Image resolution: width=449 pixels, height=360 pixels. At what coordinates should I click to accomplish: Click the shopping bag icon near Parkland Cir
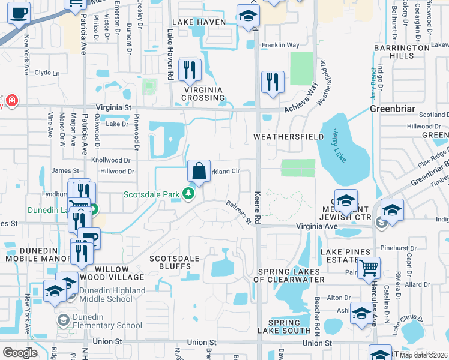point(199,171)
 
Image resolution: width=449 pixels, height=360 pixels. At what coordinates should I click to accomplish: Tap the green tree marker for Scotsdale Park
point(189,194)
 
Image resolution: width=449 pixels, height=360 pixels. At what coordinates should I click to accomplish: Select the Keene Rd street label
point(258,209)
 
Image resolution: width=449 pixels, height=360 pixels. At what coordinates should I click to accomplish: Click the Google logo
point(20,352)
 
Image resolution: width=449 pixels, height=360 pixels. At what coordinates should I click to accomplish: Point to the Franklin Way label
point(279,45)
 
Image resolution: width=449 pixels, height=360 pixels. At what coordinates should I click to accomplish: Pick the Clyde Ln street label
point(47,73)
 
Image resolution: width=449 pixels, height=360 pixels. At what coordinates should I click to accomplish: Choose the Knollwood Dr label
point(110,160)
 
